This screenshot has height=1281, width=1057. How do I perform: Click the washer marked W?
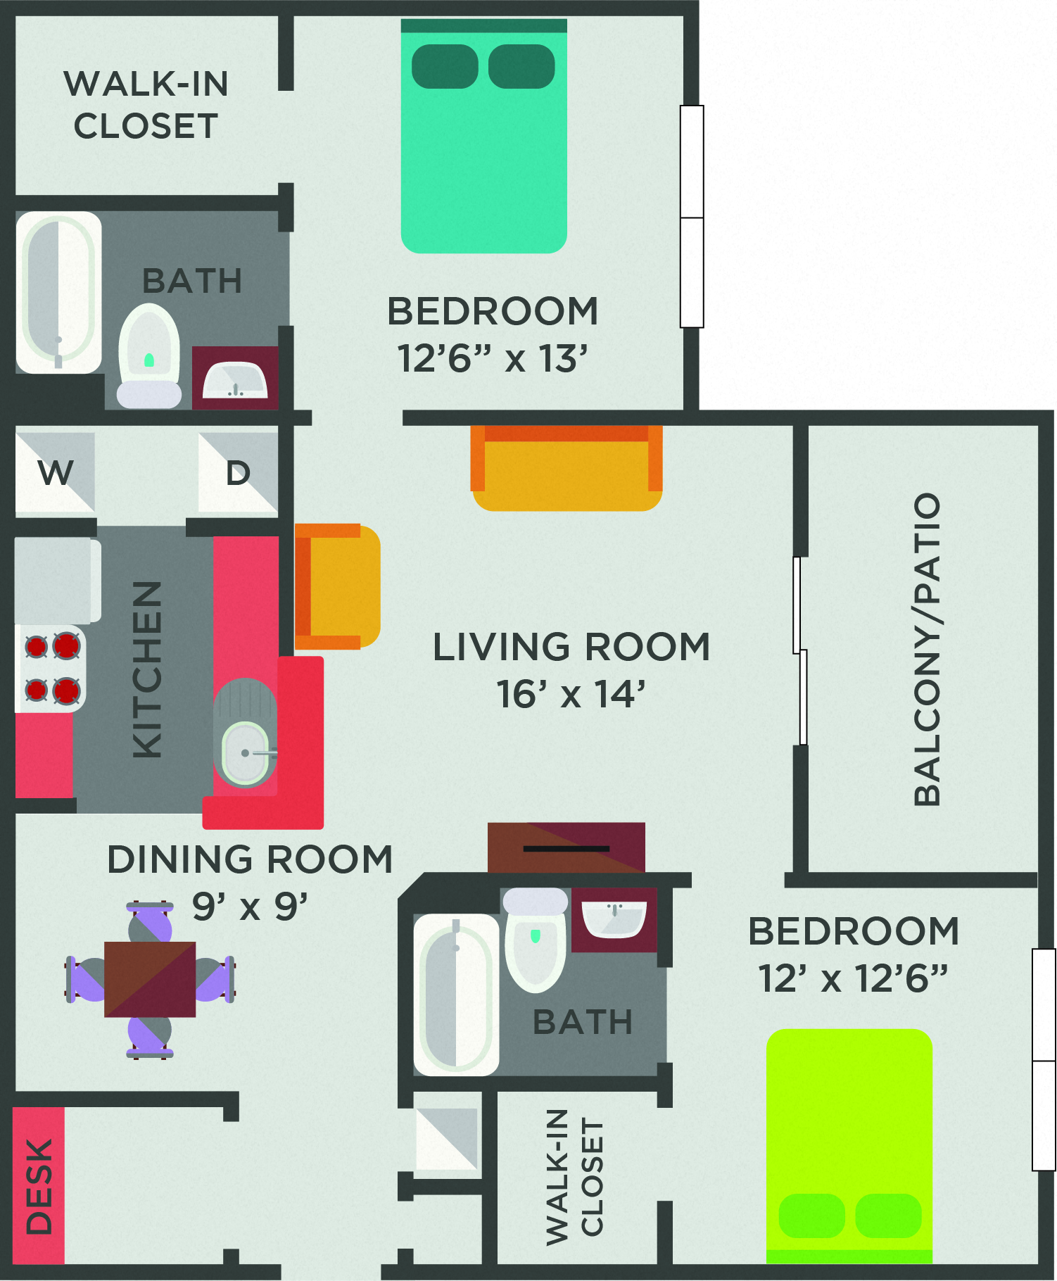55,472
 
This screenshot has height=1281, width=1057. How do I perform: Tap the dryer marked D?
238,472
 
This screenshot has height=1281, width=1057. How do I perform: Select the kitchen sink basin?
244,753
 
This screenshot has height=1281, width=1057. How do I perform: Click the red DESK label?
39,1186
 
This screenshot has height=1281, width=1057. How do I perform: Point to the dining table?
150,979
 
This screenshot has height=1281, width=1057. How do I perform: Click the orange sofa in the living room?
567,468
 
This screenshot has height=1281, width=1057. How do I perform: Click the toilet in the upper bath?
148,355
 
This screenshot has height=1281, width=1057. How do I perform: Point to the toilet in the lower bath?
536,940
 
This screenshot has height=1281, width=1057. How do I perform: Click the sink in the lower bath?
614,919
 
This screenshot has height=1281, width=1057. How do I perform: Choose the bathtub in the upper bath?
58,292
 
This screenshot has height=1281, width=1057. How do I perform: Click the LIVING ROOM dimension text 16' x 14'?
571,694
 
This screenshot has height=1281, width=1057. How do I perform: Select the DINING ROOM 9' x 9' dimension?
250,907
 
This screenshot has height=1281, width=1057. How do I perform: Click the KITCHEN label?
147,669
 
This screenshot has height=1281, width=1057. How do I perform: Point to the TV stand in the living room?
567,847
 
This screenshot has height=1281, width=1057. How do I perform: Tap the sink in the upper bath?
235,380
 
